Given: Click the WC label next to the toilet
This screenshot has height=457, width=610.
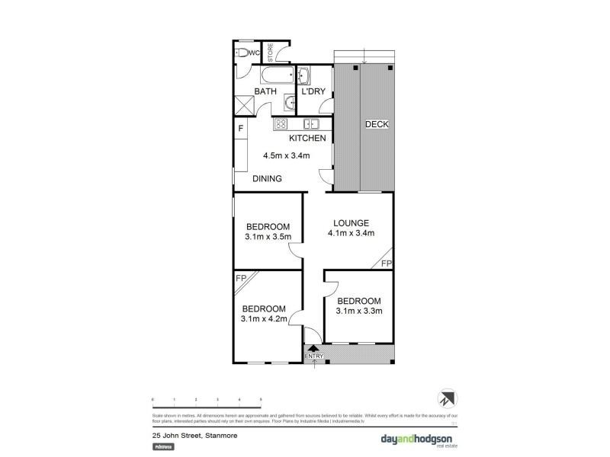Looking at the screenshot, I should (x=255, y=53).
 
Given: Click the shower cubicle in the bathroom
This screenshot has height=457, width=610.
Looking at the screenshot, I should (x=245, y=104).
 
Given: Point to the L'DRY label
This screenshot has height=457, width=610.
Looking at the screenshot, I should (x=313, y=92).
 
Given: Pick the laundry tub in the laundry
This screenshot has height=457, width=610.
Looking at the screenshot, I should (x=303, y=75).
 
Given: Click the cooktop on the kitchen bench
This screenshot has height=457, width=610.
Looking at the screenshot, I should (x=280, y=124).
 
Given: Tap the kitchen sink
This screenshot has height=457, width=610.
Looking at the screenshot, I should (x=311, y=124).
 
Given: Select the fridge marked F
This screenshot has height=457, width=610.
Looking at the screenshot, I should (x=241, y=128).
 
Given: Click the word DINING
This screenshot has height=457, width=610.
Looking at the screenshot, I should (x=268, y=179).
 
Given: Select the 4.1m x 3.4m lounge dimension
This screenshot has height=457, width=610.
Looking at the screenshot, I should (x=352, y=233).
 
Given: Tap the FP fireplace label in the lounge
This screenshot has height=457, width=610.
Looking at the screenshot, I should (x=386, y=264).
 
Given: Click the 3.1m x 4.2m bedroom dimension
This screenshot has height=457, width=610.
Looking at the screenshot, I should (x=265, y=319).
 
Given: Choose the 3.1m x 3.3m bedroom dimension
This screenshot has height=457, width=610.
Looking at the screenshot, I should (x=358, y=311).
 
